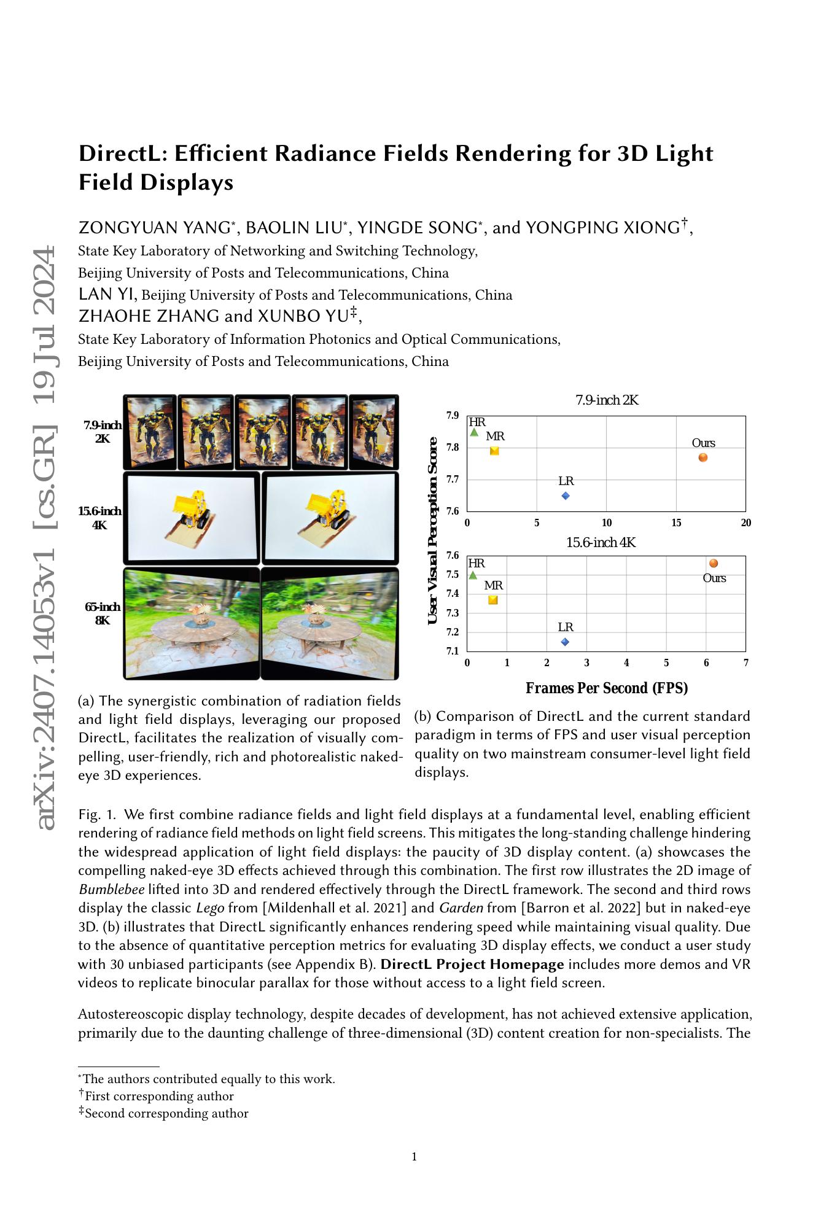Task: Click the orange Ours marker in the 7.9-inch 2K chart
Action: point(703,457)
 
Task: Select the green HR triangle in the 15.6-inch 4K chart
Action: point(473,575)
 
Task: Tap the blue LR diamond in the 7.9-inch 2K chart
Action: point(566,495)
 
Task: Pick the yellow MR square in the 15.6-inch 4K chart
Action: point(492,600)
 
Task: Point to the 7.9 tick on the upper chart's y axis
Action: point(453,416)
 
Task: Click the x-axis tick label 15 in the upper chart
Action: point(676,523)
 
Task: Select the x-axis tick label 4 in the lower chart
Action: point(626,663)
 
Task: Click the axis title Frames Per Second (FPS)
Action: point(606,688)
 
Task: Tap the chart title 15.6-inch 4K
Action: point(601,543)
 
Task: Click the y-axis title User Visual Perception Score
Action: point(432,531)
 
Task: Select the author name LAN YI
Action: point(106,294)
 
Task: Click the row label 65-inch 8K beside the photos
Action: point(103,613)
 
